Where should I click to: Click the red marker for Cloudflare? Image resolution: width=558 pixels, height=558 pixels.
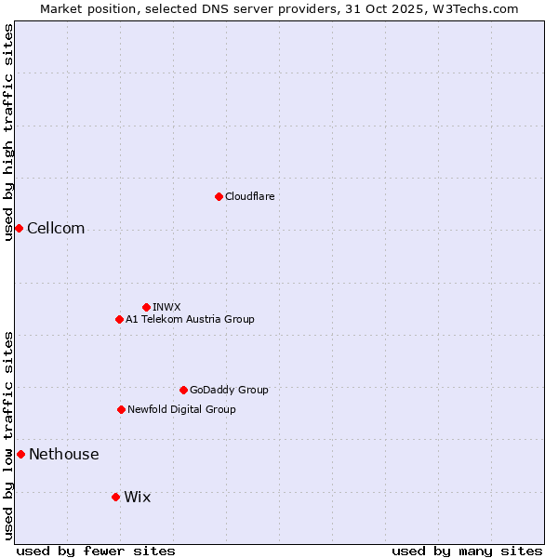pos(219,196)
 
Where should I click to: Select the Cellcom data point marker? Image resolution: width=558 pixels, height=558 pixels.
pos(19,228)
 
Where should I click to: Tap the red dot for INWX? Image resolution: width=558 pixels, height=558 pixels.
pos(146,307)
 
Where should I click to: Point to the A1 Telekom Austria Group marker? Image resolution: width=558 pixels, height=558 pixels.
pos(119,319)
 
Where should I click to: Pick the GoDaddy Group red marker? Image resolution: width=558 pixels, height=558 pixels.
pos(183,390)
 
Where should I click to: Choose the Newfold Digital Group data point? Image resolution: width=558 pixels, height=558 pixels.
pos(121,409)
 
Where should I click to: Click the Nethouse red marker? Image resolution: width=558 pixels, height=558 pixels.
pos(20,454)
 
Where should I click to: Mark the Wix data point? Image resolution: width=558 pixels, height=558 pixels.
pos(115,497)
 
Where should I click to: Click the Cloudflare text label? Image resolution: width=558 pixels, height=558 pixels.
pos(249,196)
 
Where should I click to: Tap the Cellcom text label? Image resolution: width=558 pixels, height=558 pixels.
pos(56,229)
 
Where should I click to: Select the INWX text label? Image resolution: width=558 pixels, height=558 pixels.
pos(166,307)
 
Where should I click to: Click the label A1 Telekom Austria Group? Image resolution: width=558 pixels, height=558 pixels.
pos(190,319)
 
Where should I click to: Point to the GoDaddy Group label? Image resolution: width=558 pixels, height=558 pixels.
pos(229,390)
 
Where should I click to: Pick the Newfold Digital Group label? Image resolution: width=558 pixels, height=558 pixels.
pos(181,409)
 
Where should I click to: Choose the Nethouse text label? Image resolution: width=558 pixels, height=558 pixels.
pos(63,455)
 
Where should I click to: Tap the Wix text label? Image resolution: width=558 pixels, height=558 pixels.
pos(137,498)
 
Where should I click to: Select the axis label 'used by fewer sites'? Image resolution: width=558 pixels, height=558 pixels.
pos(96,551)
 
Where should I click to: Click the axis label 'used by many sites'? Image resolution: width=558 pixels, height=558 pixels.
pos(467,551)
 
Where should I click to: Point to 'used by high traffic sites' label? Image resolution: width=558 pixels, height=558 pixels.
pos(8,132)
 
